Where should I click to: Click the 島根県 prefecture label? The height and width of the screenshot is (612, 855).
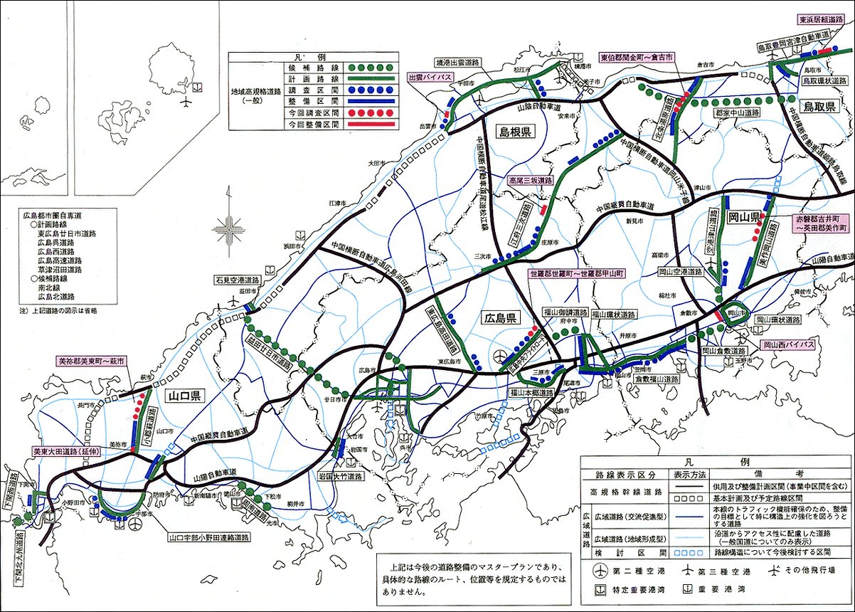516,134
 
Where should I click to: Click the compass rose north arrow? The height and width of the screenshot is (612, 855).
229,228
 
